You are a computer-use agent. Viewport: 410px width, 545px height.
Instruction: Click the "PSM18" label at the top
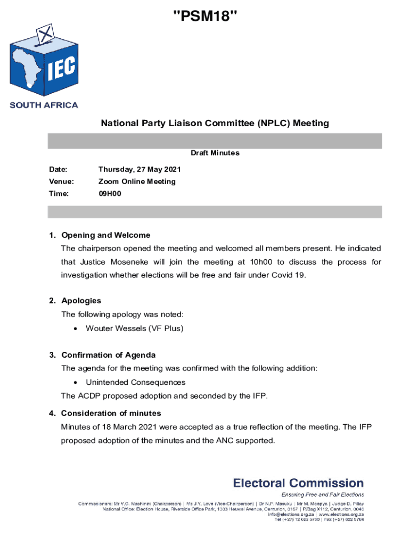(205, 18)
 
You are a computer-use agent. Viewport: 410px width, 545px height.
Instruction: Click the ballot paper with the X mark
(45, 33)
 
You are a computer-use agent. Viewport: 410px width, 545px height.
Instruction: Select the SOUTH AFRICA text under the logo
(44, 105)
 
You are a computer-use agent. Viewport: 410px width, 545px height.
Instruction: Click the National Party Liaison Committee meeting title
(215, 123)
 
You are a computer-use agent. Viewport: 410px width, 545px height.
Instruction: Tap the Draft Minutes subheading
(215, 153)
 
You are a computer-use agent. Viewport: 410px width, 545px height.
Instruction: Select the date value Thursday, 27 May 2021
(140, 170)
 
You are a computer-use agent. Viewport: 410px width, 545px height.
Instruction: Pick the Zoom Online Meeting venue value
(137, 181)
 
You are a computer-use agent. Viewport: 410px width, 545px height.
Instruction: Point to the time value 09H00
(110, 194)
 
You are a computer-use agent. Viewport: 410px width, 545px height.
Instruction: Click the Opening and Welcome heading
(105, 235)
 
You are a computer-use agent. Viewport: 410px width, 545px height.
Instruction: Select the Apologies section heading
(81, 301)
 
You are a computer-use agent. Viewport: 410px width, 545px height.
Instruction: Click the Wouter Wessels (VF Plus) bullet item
(134, 328)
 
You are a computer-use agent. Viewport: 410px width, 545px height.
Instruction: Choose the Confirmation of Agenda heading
(108, 355)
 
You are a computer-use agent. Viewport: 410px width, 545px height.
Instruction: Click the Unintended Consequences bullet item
(135, 382)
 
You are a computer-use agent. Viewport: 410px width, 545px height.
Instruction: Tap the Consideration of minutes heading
(111, 414)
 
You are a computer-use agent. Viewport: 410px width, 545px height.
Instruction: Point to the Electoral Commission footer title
(298, 483)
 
